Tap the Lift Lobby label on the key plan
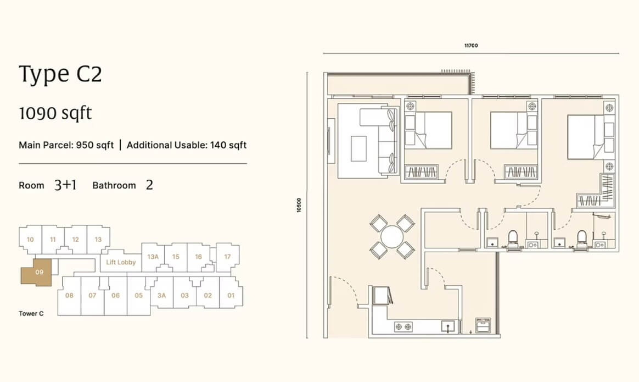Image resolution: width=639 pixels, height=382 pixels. [121, 262]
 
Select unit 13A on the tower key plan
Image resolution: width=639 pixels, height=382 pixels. [153, 257]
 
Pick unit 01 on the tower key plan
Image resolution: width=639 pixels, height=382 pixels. [231, 295]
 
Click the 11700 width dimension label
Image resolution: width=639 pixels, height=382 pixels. [471, 46]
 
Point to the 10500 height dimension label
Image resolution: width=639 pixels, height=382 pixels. [299, 205]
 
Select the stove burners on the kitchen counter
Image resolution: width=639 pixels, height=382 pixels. [403, 326]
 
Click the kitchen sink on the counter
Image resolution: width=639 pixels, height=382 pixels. [449, 326]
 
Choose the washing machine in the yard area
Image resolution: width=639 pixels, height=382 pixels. [483, 325]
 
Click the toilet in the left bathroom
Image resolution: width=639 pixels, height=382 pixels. [512, 239]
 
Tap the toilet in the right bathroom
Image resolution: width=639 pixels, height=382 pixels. [581, 239]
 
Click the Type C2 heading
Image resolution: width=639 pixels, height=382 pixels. [60, 74]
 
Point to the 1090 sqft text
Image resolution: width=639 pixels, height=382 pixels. [55, 113]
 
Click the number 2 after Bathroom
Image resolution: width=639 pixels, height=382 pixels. [149, 185]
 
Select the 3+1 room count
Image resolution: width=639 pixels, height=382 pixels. [65, 185]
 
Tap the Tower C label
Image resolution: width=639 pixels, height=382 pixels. [31, 313]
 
